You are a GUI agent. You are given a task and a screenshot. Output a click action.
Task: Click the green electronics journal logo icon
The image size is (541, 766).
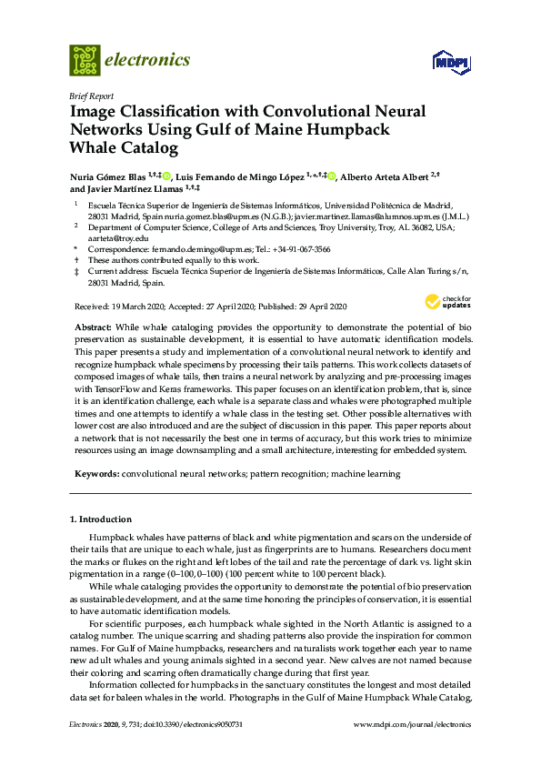click(x=85, y=60)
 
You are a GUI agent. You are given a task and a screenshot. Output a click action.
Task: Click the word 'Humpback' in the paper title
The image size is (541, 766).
click(x=350, y=128)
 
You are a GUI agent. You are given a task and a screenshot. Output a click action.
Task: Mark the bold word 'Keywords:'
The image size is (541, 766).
click(x=95, y=475)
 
